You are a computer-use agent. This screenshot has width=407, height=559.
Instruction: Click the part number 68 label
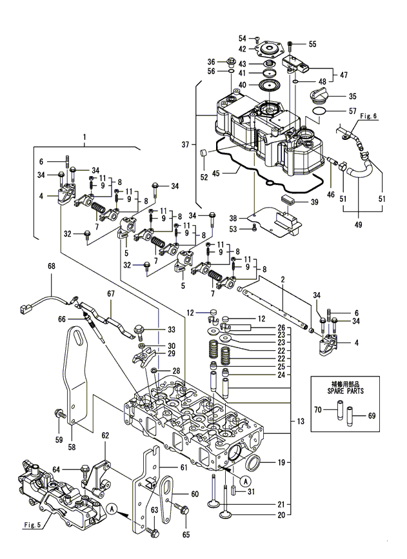[x=52, y=266]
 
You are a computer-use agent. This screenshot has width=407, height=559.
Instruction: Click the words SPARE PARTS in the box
[x=345, y=391]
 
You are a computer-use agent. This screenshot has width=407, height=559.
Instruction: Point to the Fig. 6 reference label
[x=368, y=116]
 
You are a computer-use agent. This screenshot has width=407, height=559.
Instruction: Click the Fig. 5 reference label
[x=32, y=525]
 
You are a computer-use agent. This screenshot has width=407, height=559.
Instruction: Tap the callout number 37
[x=185, y=144]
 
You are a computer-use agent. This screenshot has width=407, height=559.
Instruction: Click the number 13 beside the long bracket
[x=301, y=422]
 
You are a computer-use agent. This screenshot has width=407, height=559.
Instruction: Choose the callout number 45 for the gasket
[x=216, y=173]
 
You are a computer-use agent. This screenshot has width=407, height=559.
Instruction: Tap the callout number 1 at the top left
[x=84, y=137]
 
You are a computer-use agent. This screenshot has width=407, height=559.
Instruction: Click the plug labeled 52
[x=204, y=153]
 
